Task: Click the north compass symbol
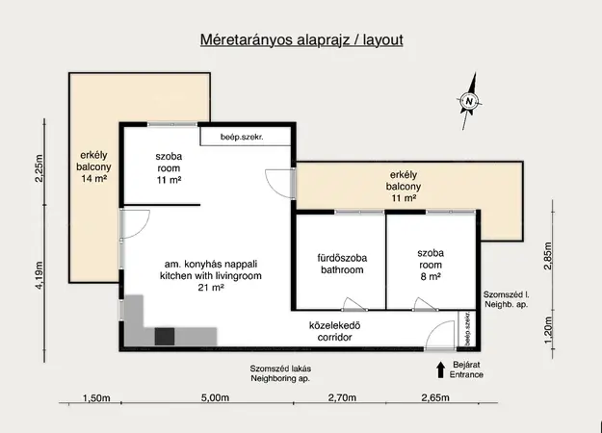click(469, 101)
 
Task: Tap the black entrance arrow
click(441, 369)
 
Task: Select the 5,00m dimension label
click(215, 397)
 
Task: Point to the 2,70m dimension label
click(342, 397)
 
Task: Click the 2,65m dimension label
click(435, 397)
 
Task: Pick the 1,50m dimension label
click(96, 398)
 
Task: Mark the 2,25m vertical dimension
click(39, 168)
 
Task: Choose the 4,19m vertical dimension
click(39, 275)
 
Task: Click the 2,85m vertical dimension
click(548, 256)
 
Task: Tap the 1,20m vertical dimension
click(548, 330)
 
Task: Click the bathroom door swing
click(354, 304)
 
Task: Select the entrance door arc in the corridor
click(439, 335)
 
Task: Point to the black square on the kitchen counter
click(165, 337)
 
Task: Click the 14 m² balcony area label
click(93, 178)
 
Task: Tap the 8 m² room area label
click(431, 276)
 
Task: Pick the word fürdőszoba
click(342, 258)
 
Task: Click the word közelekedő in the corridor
click(335, 325)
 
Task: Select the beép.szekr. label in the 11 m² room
click(242, 137)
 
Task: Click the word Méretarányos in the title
click(247, 39)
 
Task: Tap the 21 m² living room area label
click(211, 288)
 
